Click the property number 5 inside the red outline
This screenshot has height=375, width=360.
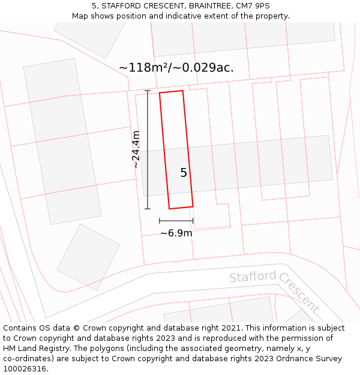point(184,173)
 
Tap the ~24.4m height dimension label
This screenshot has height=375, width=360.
point(136,149)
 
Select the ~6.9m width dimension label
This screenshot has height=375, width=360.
point(176,233)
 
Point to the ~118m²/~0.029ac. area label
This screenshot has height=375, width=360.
point(176,68)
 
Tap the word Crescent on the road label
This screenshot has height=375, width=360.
point(299,295)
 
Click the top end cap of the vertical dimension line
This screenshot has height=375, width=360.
point(148,91)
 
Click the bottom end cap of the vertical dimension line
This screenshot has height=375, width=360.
point(148,209)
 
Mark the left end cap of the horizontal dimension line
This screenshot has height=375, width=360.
point(160,221)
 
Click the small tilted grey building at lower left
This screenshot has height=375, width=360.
point(88,257)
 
